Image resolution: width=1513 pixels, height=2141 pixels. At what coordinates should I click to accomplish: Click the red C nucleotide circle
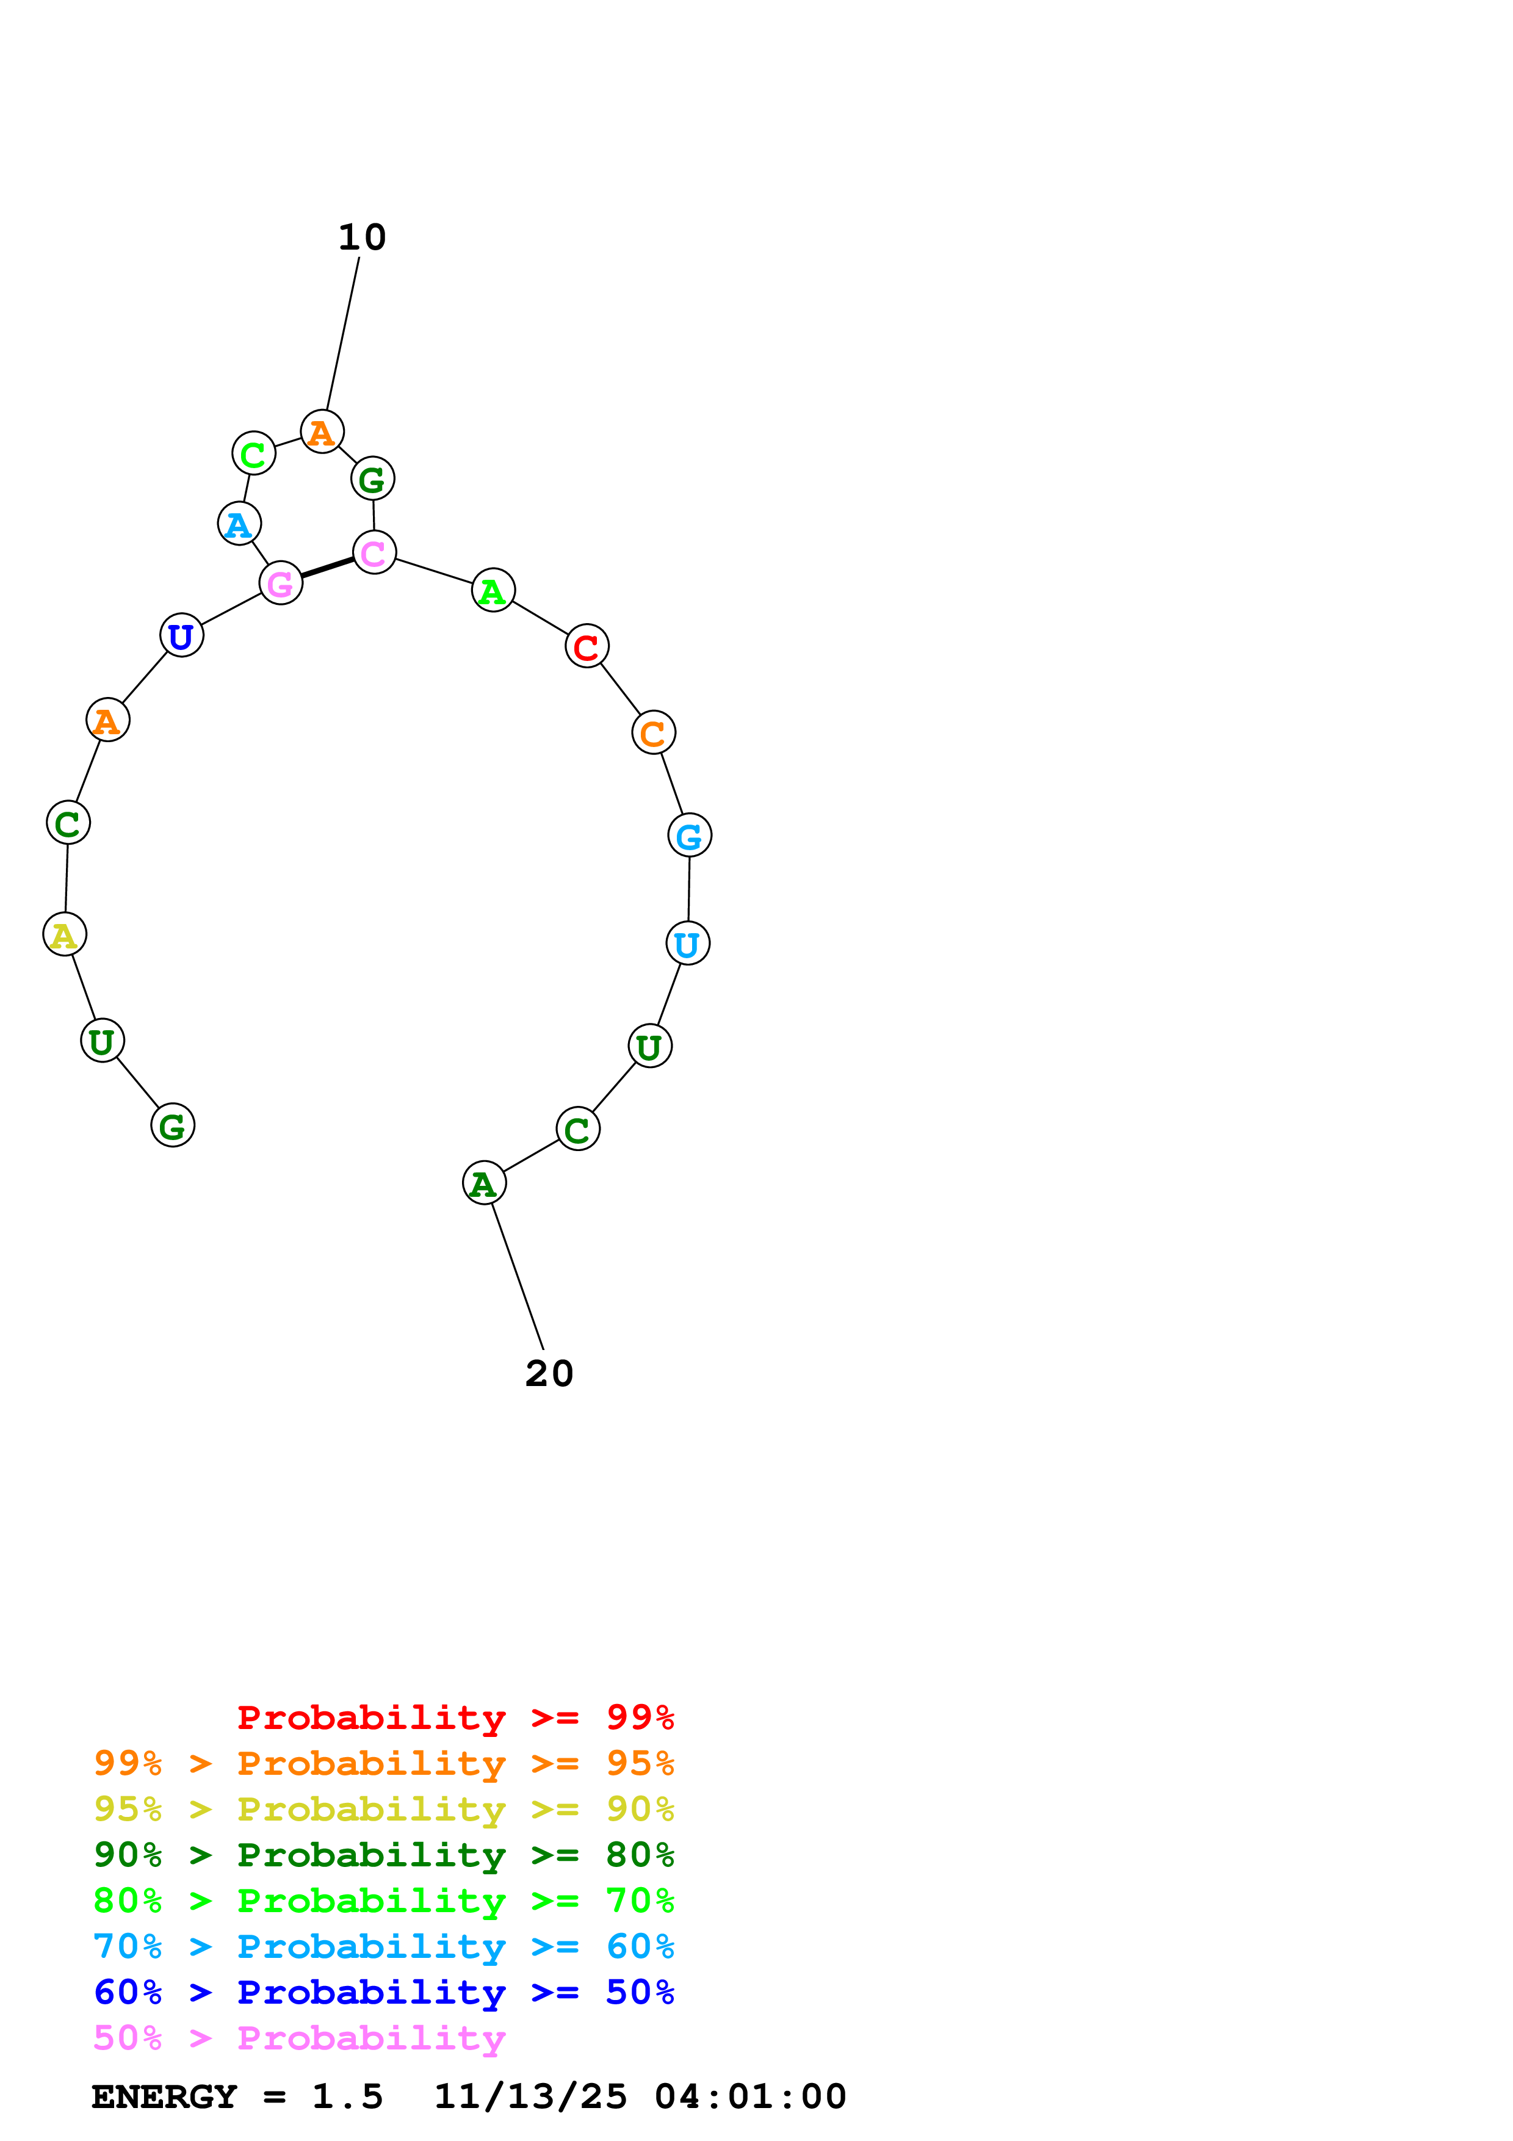(587, 645)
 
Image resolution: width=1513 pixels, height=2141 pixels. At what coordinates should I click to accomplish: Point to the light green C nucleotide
(253, 453)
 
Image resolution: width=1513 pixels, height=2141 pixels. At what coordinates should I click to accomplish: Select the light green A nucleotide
(493, 590)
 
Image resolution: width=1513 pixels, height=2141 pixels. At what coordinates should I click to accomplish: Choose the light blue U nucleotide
(688, 943)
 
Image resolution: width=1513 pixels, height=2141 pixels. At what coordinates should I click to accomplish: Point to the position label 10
(362, 238)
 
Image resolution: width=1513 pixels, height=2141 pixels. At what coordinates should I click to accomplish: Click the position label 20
(549, 1374)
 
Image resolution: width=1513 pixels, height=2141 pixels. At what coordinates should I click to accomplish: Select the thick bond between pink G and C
(327, 568)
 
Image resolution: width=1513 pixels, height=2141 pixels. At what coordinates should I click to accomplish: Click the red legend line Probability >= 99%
(455, 1717)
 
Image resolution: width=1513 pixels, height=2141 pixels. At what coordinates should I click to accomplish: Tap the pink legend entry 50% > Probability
(299, 2038)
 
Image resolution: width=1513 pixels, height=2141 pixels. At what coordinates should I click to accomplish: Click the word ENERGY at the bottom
(164, 2096)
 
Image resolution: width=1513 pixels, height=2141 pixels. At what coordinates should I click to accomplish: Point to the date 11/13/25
(530, 2096)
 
